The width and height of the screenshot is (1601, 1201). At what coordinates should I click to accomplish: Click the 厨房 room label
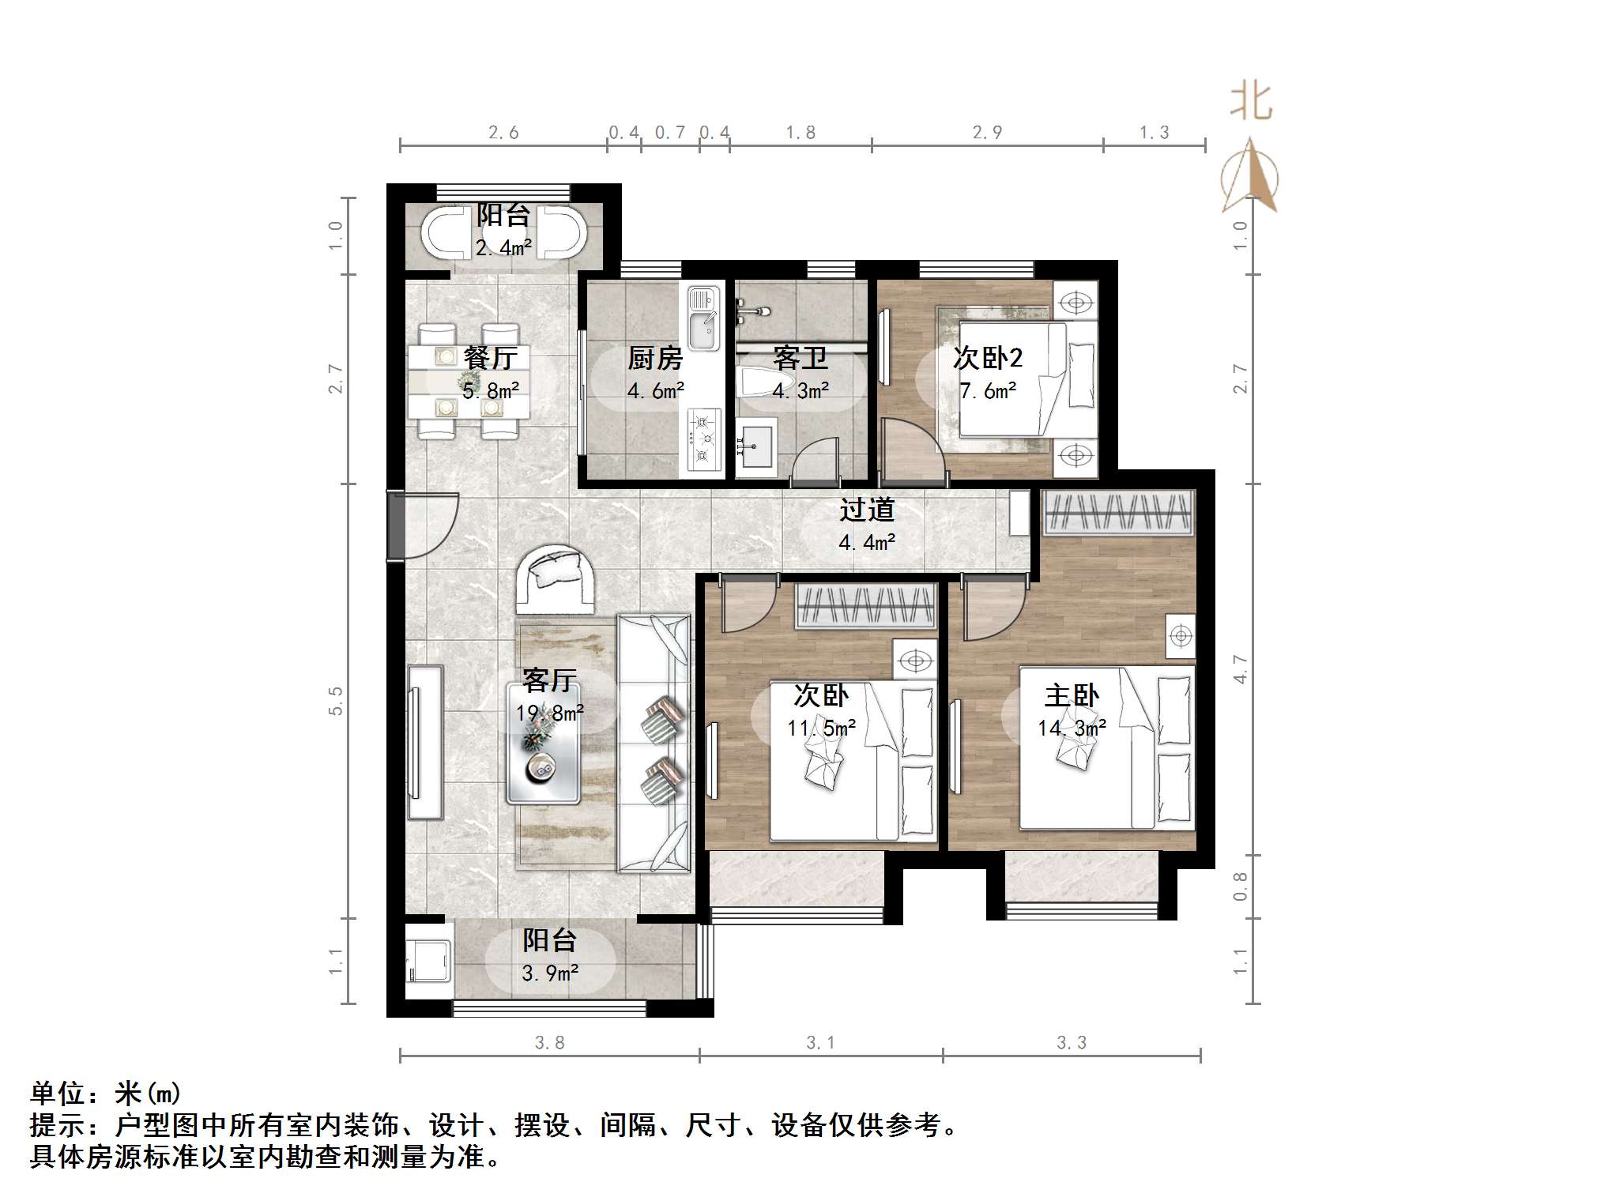click(654, 359)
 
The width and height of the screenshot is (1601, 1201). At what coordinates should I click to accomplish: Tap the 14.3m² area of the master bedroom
click(1072, 729)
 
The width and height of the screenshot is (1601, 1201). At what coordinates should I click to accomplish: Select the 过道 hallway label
click(867, 510)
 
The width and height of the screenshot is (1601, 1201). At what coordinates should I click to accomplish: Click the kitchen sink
click(703, 319)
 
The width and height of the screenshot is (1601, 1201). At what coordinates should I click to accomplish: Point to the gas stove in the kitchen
click(704, 439)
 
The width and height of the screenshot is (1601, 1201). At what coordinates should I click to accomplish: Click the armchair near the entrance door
click(556, 581)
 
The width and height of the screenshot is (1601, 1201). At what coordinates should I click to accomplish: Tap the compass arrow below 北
click(1249, 177)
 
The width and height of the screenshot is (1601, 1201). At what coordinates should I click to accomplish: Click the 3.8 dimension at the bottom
click(549, 1043)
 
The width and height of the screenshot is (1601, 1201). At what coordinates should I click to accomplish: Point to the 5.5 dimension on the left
click(336, 701)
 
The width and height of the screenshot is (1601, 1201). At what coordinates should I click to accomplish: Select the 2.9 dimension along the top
click(987, 133)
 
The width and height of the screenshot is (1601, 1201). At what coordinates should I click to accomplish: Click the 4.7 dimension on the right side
click(1240, 669)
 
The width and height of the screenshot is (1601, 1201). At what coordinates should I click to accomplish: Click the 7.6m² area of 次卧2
click(988, 391)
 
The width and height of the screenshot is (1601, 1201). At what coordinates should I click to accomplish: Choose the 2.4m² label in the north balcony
click(503, 248)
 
